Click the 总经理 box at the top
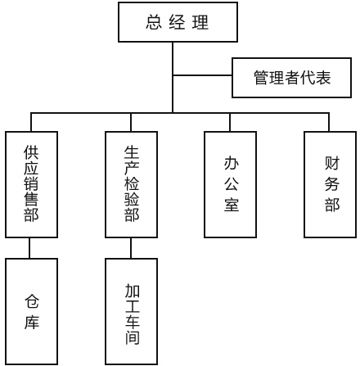click(178, 22)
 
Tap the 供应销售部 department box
click(31, 184)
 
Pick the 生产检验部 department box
click(131, 184)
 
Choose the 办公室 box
click(231, 184)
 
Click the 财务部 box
click(331, 184)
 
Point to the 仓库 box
click(31, 311)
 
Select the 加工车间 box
click(131, 311)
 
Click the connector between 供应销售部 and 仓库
click(31, 248)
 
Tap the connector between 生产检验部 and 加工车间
click(131, 248)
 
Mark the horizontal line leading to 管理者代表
click(203, 76)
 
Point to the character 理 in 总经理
click(200, 22)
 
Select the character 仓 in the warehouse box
click(31, 301)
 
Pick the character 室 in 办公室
click(231, 205)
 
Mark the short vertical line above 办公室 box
click(231, 121)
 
